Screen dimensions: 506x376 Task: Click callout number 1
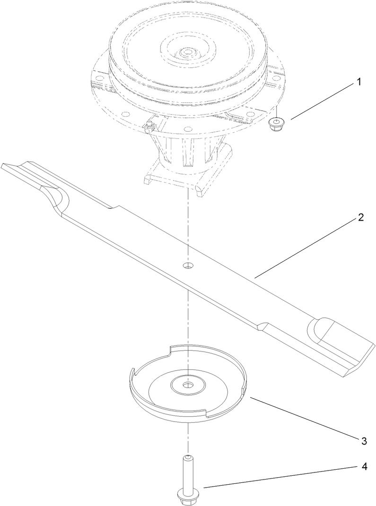pyautogui.click(x=358, y=82)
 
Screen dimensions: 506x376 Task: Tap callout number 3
pyautogui.click(x=364, y=441)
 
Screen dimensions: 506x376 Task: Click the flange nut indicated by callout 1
pyautogui.click(x=275, y=125)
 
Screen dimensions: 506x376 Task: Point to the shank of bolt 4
pyautogui.click(x=188, y=472)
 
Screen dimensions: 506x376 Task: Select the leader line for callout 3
pyautogui.click(x=303, y=419)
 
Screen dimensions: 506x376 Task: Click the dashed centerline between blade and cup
pyautogui.click(x=188, y=321)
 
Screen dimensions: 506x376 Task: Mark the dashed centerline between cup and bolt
pyautogui.click(x=188, y=437)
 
